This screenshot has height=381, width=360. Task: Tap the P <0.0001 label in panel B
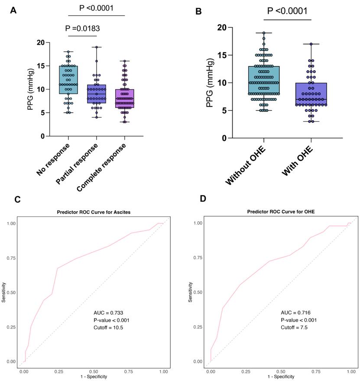coord(288,11)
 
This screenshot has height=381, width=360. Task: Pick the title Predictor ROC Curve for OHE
coord(280,212)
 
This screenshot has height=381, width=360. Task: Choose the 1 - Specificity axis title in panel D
coord(283,377)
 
